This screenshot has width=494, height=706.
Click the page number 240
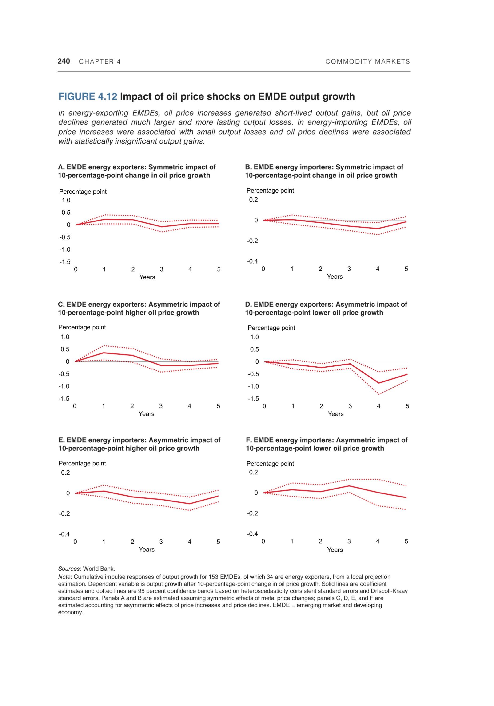click(64, 61)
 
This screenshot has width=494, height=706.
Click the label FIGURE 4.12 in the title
click(88, 96)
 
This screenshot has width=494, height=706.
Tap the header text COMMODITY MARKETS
click(367, 61)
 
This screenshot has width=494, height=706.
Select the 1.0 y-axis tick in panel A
click(66, 200)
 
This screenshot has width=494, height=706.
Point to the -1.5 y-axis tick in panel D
click(253, 398)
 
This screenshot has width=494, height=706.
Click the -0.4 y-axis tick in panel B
click(252, 261)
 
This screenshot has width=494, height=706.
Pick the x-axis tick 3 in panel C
click(161, 406)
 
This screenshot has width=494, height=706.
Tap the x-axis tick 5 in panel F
click(406, 541)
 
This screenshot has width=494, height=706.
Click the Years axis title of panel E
click(146, 550)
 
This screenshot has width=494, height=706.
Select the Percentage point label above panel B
click(270, 190)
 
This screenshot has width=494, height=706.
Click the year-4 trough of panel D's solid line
click(378, 383)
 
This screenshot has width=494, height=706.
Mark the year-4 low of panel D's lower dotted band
click(379, 394)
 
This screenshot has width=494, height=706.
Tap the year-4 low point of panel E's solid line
click(189, 504)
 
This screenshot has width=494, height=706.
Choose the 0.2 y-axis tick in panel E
click(65, 473)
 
